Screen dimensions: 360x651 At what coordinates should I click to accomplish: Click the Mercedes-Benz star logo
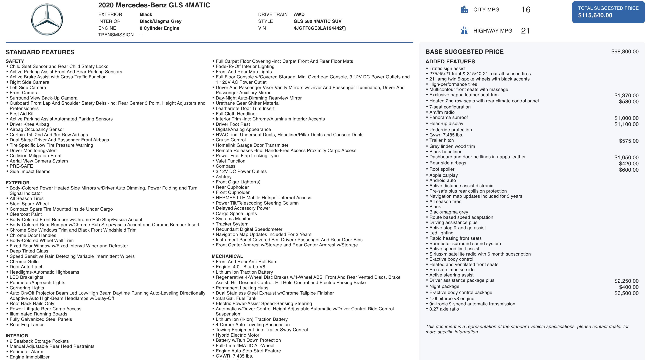47,20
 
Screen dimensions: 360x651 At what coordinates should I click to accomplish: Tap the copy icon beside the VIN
344,28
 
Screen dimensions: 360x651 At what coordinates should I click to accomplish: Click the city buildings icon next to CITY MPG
464,10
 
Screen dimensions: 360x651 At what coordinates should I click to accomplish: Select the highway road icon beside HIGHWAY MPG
464,30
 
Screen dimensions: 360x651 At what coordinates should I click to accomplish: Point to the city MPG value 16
526,10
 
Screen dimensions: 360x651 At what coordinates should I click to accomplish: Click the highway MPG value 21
525,31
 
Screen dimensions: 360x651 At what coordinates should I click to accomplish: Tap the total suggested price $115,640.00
595,15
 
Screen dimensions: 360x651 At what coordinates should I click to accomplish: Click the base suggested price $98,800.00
625,52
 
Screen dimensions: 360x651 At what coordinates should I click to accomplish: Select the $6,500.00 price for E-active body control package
626,293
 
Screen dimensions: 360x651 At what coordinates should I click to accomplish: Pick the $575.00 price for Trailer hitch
629,141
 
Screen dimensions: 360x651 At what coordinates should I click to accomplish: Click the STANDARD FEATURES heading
40,52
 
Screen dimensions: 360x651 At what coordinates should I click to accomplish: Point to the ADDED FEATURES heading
450,61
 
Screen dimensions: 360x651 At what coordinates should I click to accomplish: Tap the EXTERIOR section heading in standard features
18,182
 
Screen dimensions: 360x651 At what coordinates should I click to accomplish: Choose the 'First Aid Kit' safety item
22,114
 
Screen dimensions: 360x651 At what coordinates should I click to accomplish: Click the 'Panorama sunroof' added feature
448,117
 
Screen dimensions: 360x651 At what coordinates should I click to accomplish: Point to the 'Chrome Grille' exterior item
24,262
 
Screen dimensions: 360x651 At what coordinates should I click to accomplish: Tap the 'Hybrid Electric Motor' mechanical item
237,335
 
